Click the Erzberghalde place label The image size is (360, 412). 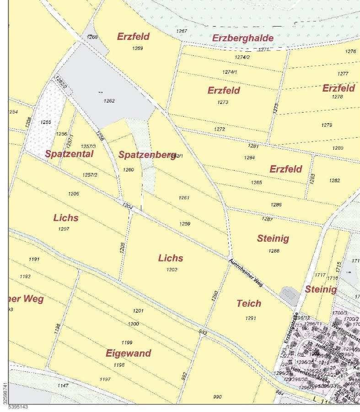(243, 38)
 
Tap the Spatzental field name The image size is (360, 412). (69, 154)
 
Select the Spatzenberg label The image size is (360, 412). (147, 155)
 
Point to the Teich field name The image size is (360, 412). (249, 303)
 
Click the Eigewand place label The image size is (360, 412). (128, 353)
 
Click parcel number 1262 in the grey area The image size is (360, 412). (109, 101)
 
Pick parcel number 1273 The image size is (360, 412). (223, 102)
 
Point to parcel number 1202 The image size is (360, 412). (172, 270)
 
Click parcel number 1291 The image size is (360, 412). (250, 318)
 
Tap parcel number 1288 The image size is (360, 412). (274, 250)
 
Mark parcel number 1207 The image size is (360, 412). (64, 228)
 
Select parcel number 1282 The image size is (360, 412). (334, 180)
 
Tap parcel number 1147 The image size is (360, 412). (64, 385)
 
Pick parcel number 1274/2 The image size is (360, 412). (242, 57)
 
